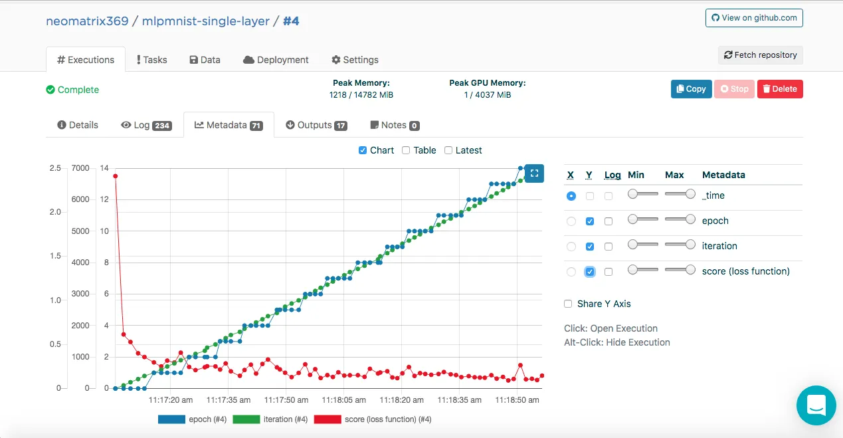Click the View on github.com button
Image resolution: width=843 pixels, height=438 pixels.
(754, 18)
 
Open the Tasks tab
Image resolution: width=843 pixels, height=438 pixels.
(151, 60)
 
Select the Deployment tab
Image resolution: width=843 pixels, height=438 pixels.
(276, 60)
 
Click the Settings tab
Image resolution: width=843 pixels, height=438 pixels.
(355, 60)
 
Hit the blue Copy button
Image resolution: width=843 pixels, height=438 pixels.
(691, 89)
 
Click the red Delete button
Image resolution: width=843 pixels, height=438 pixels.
(780, 89)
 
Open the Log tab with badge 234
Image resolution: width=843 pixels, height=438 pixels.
(146, 125)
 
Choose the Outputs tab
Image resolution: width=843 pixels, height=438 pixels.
(316, 125)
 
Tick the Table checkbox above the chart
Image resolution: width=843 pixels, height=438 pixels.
(406, 150)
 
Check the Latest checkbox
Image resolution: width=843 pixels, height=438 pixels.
(448, 150)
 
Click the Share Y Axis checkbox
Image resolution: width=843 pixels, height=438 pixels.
(568, 304)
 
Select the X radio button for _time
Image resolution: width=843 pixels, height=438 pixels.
(571, 196)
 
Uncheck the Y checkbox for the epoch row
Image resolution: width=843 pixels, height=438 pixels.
(590, 221)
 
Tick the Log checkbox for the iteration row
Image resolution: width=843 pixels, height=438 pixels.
(608, 247)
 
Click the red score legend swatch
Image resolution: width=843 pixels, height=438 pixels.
(328, 419)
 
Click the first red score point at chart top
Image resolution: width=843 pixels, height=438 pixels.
(116, 176)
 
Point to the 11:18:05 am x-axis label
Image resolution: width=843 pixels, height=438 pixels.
(343, 400)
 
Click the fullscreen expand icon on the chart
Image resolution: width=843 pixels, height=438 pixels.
(534, 173)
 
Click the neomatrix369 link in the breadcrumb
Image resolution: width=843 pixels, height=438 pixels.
(87, 21)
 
